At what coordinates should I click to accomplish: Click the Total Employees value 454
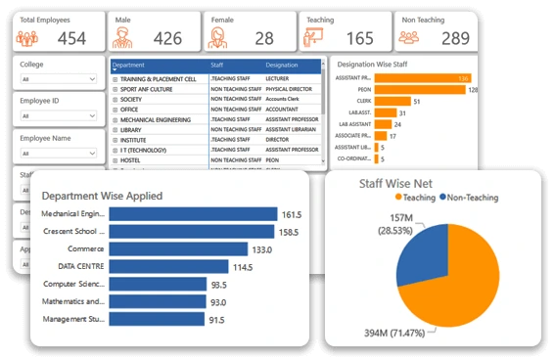[x=72, y=38]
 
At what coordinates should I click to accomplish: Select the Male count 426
[x=166, y=38]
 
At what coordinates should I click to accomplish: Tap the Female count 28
[x=264, y=38]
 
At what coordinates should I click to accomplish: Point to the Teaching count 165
[x=359, y=38]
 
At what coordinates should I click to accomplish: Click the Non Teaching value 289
[x=454, y=38]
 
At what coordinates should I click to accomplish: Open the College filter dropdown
[x=58, y=80]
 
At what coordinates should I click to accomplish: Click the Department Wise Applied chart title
[x=102, y=196]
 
